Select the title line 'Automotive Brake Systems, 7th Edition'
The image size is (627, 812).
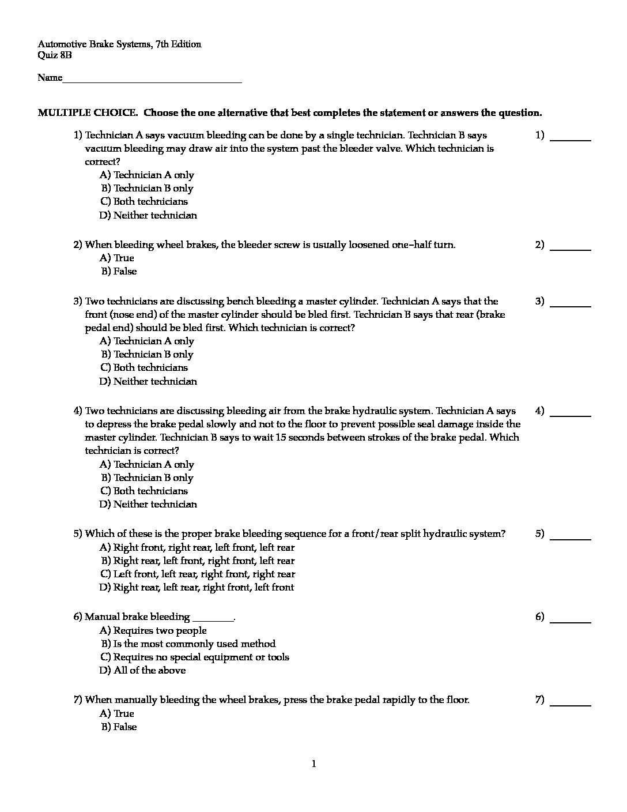[x=119, y=44]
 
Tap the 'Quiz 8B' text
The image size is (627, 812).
[x=55, y=55]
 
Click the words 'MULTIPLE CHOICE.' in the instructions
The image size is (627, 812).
[x=88, y=113]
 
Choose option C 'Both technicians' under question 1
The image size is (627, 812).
[x=144, y=202]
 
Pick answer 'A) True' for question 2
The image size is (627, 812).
[x=117, y=258]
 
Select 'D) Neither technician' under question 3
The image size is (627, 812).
[x=148, y=381]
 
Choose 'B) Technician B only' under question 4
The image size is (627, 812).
[x=148, y=478]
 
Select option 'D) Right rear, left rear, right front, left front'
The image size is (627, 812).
[x=197, y=588]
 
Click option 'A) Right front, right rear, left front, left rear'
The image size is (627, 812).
[x=197, y=548]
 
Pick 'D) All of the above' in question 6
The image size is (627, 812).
[x=143, y=671]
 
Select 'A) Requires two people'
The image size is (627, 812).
[x=153, y=631]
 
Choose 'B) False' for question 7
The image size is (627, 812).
[x=119, y=727]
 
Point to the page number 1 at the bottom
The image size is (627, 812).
[x=313, y=765]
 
